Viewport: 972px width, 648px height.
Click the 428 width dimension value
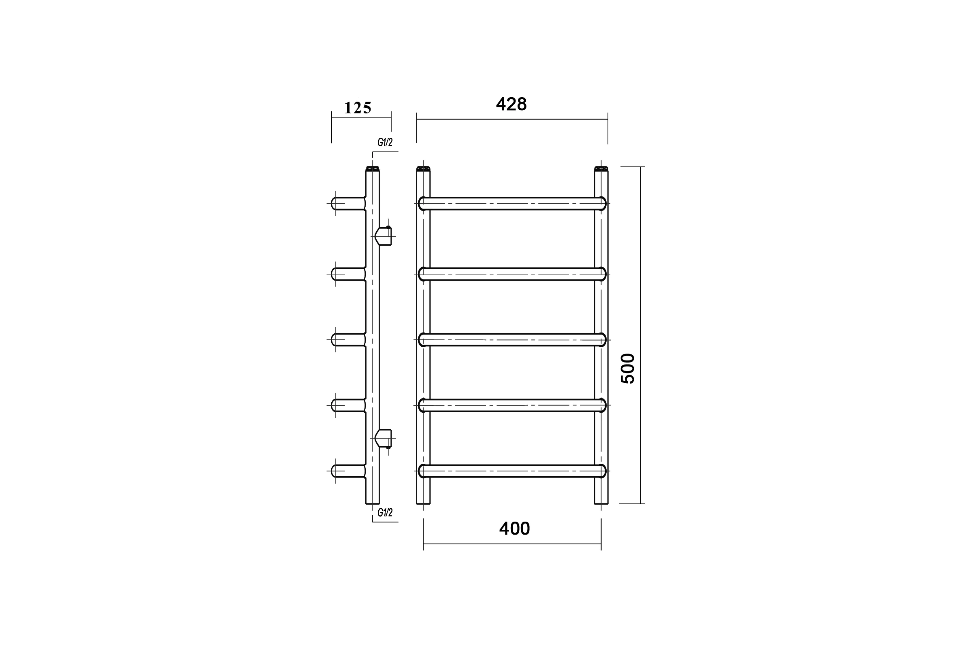click(511, 104)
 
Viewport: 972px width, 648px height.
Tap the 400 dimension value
click(514, 529)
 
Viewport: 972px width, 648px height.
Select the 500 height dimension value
click(628, 369)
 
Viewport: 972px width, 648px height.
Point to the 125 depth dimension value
click(358, 108)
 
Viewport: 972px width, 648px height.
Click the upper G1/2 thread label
click(385, 142)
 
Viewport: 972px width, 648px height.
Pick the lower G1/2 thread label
click(385, 512)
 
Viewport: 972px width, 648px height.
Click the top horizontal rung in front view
click(512, 204)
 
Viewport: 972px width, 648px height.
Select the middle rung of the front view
click(512, 340)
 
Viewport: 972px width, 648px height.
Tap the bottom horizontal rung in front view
click(512, 471)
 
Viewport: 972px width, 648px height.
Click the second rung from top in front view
click(512, 274)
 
